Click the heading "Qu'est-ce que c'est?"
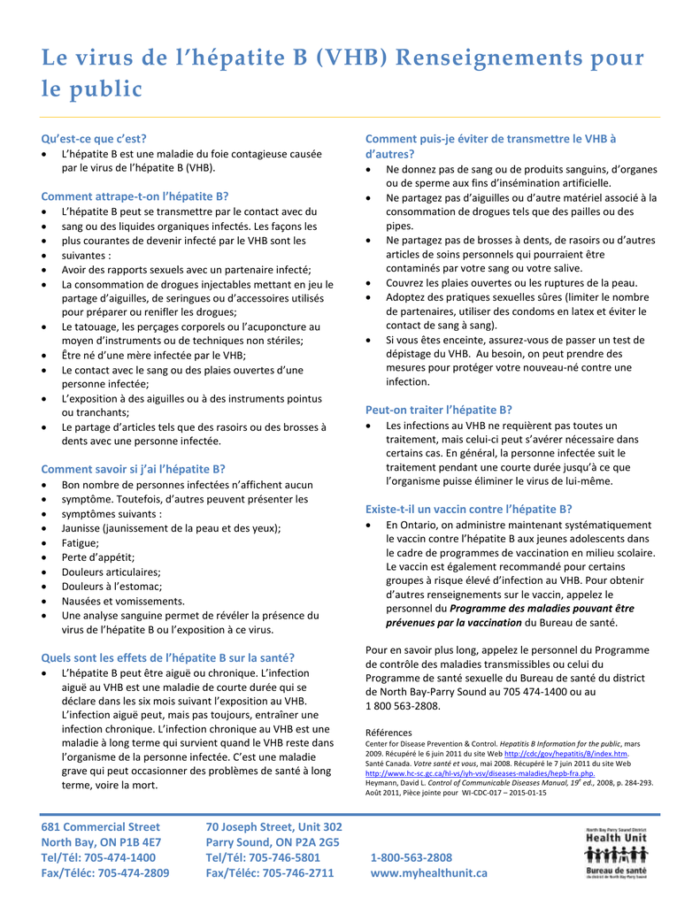coord(94,138)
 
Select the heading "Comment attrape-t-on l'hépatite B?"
coord(135,196)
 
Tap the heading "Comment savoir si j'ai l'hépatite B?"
coord(133,469)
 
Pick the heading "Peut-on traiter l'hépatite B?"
coord(439,410)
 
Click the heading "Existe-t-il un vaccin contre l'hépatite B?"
coord(469,509)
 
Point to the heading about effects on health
coord(168,657)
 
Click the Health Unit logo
coord(616,852)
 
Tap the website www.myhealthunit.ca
coord(428,872)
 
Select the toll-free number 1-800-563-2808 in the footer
coord(411,857)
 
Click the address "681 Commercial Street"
coord(101,826)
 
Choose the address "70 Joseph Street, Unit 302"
coord(273,826)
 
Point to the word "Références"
coord(388,733)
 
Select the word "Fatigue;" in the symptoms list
coord(81,543)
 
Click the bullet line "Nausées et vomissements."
coord(123,601)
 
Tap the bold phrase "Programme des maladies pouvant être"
coord(542,609)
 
